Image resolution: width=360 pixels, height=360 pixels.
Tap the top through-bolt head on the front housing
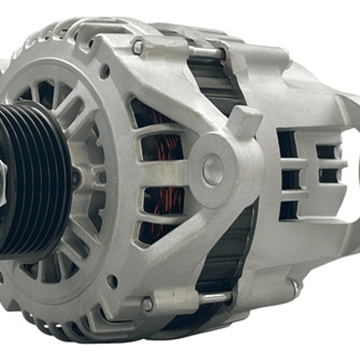138,48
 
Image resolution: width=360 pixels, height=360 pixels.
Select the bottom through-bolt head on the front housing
147,304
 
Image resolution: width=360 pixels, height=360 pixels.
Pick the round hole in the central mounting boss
213,170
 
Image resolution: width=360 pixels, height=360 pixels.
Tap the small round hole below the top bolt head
105,72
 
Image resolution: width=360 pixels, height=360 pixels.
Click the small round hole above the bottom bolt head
112,281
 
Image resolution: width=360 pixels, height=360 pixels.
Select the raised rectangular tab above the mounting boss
244,122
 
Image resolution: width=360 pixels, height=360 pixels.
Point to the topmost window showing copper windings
148,114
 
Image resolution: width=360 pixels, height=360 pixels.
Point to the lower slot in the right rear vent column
328,175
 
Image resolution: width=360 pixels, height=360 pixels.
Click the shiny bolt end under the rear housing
296,287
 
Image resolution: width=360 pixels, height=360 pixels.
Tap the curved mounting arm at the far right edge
350,150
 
